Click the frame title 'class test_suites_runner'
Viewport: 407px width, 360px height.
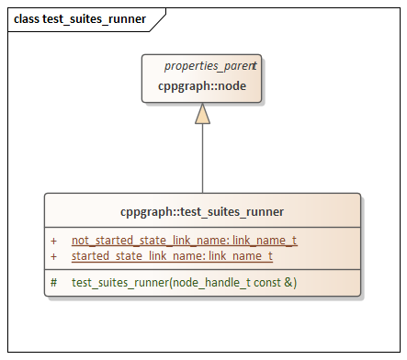80,18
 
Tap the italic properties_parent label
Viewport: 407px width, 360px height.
209,67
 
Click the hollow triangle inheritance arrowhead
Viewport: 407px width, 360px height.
202,113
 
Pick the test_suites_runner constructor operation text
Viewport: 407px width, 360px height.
184,282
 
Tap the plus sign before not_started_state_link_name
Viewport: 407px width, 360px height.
54,240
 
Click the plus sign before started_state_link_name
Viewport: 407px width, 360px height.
54,255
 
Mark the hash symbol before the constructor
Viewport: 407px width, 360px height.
54,282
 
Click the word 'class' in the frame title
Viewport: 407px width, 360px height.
28,18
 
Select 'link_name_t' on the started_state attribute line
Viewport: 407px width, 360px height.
241,255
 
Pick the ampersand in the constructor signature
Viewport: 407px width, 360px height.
287,282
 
